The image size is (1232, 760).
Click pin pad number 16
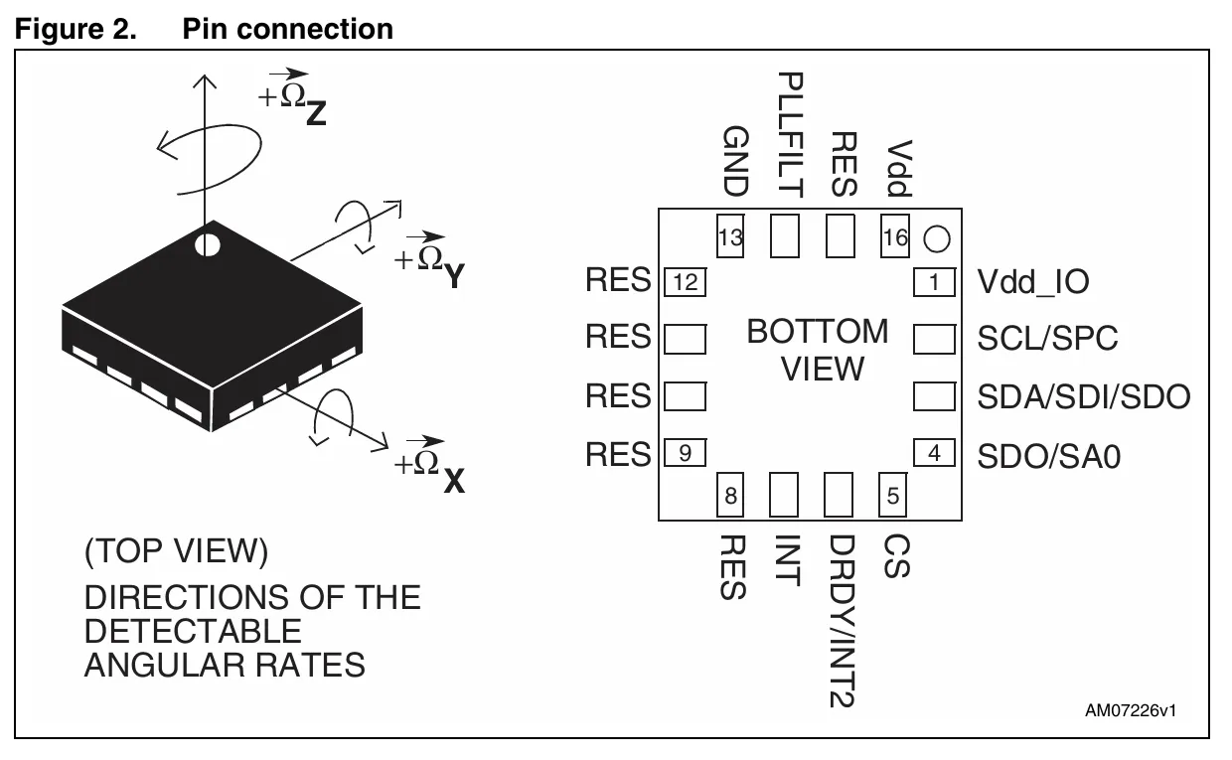pyautogui.click(x=895, y=237)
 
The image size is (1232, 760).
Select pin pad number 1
pyautogui.click(x=933, y=282)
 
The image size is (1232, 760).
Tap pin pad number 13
pyautogui.click(x=730, y=237)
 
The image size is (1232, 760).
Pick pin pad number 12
pyautogui.click(x=685, y=282)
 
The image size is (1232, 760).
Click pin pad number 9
pyautogui.click(x=685, y=454)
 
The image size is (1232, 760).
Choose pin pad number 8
pyautogui.click(x=730, y=495)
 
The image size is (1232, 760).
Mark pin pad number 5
pyautogui.click(x=893, y=495)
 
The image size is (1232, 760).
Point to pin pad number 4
pyautogui.click(x=933, y=454)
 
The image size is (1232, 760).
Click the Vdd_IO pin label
pyautogui.click(x=1032, y=282)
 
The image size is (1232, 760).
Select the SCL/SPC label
pyautogui.click(x=1047, y=339)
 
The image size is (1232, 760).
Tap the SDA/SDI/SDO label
pyautogui.click(x=1083, y=397)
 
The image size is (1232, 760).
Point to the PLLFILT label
pyautogui.click(x=791, y=132)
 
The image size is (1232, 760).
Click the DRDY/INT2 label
pyautogui.click(x=842, y=622)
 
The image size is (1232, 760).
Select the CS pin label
pyautogui.click(x=895, y=556)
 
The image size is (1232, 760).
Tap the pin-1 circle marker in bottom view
pyautogui.click(x=937, y=238)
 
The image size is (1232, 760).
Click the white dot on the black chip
pyautogui.click(x=207, y=243)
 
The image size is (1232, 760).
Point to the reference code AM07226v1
pyautogui.click(x=1131, y=711)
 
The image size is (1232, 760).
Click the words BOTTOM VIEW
pyautogui.click(x=818, y=350)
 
